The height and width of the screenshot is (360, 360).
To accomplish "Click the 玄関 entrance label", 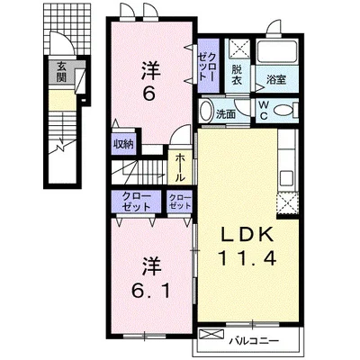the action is click(61, 72).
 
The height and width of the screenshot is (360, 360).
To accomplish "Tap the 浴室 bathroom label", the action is click(276, 79).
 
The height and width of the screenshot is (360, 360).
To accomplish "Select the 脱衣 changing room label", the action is click(237, 75).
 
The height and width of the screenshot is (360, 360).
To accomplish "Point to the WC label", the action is click(264, 111).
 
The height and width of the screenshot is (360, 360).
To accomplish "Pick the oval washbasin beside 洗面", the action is click(206, 111).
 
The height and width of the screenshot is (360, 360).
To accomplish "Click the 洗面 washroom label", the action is click(226, 114).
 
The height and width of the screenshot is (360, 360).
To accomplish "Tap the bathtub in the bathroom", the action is click(277, 51).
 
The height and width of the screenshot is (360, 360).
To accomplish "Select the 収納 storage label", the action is click(122, 145).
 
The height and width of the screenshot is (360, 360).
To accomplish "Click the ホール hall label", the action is click(180, 167).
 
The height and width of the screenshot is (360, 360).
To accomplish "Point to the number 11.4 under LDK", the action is click(247, 258).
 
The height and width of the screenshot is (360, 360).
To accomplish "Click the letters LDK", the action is click(247, 234).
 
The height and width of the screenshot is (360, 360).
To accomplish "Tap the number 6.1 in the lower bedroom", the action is click(151, 290).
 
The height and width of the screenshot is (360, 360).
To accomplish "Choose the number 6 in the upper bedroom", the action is click(148, 94).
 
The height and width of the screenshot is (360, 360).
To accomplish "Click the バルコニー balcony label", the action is click(255, 341).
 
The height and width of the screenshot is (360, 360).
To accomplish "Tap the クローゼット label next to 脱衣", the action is click(208, 67).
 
